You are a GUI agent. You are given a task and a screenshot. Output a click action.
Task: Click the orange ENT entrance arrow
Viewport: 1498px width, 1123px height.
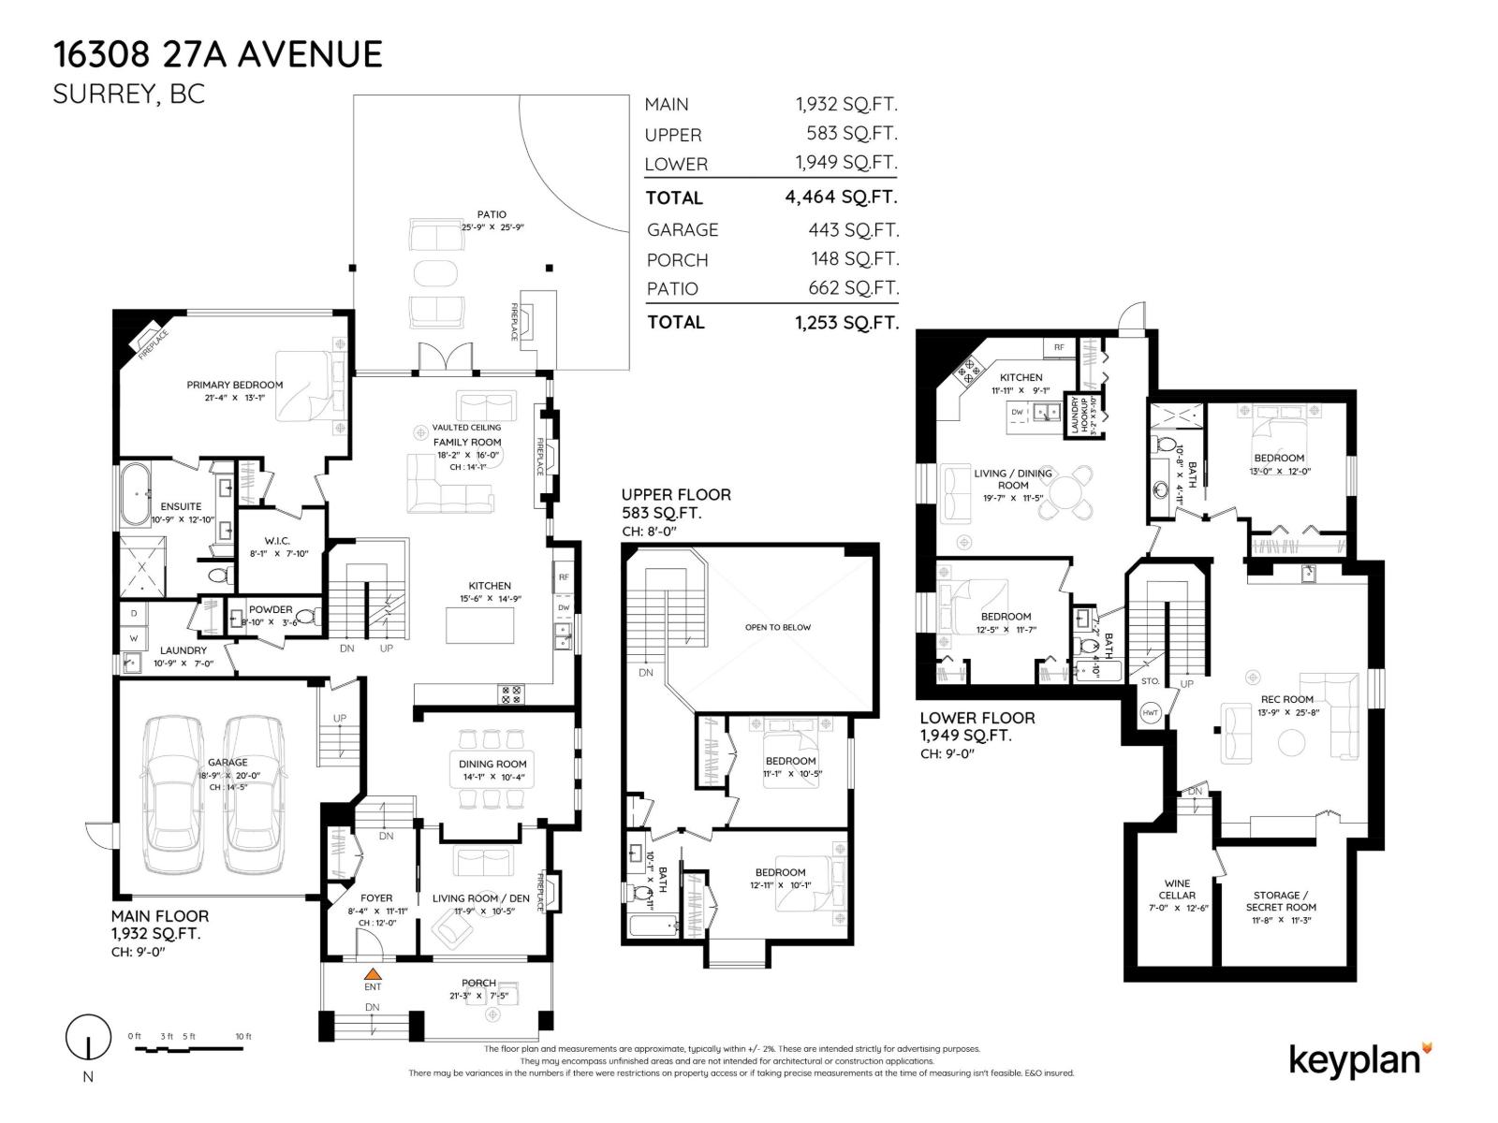(373, 973)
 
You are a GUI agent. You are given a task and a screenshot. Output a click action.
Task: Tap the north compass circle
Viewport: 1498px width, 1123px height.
(87, 1037)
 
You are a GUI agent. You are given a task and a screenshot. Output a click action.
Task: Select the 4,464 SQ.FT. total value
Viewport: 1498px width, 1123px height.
(841, 197)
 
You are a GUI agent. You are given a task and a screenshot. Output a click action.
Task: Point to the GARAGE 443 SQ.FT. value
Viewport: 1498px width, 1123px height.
(853, 230)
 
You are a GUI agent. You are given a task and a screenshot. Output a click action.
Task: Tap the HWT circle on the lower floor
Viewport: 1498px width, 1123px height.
(1151, 713)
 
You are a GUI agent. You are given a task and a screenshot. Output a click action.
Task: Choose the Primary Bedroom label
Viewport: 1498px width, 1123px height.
(234, 385)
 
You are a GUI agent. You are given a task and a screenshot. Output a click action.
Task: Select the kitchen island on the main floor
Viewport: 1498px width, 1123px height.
(480, 625)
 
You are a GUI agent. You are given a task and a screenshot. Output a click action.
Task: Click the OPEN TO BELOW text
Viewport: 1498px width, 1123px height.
(777, 627)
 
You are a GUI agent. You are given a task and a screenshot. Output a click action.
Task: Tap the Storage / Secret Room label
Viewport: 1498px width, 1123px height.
(1280, 900)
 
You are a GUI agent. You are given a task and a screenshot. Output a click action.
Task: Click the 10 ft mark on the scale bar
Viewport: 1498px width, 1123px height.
(243, 1037)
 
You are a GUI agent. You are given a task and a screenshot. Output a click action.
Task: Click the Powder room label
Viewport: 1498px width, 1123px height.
(270, 609)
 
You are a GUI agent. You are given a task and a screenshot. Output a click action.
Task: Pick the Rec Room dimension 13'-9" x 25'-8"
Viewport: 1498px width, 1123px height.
(1286, 712)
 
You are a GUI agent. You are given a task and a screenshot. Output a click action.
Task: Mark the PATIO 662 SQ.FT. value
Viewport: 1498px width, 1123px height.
(853, 288)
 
